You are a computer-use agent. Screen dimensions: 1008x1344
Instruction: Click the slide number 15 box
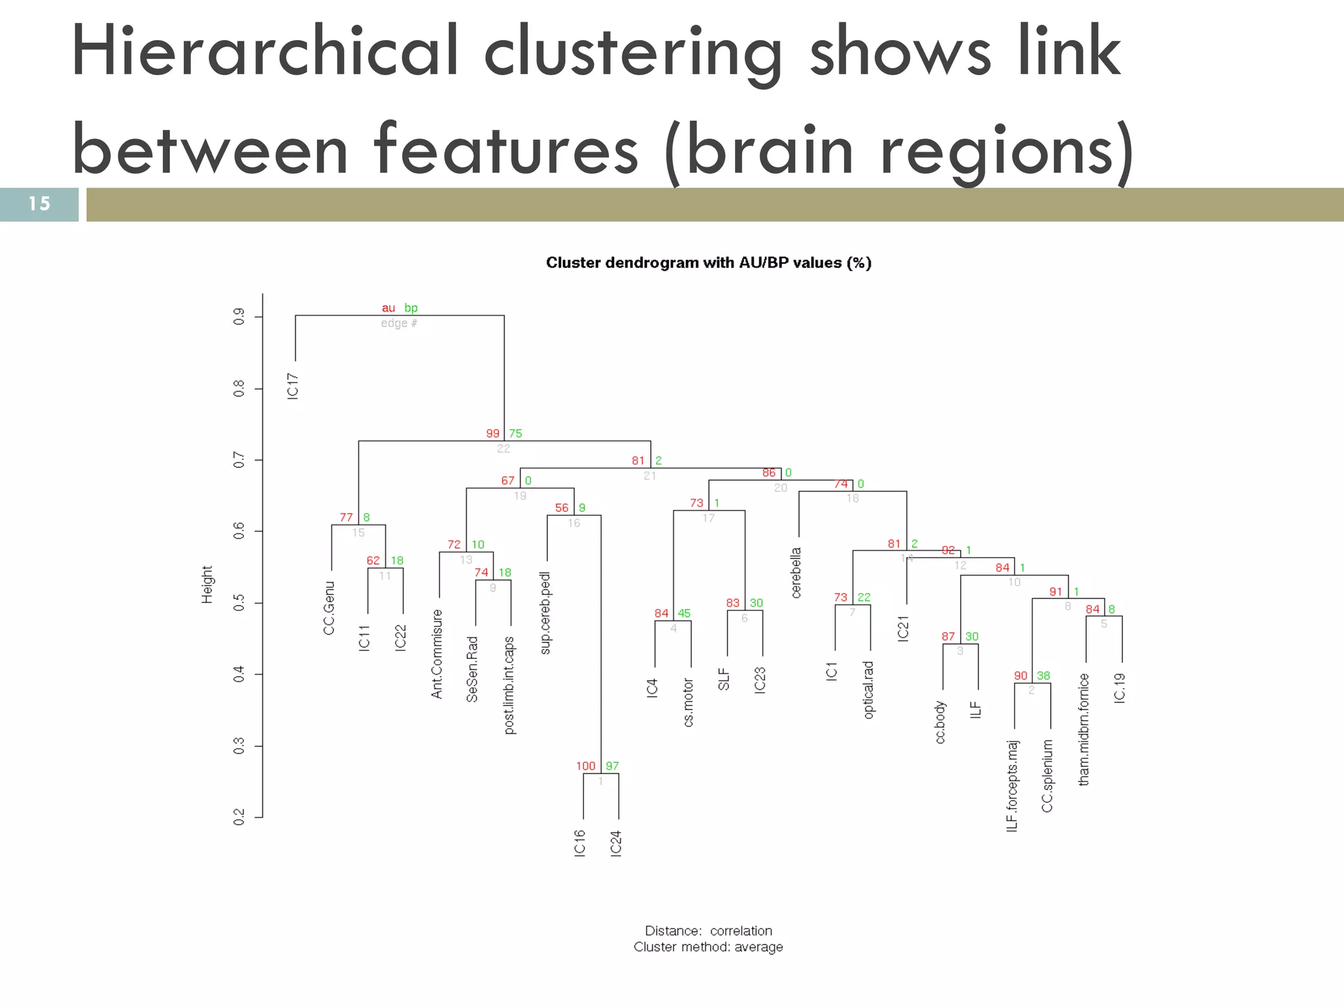point(39,204)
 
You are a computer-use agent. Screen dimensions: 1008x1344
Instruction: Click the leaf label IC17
point(293,386)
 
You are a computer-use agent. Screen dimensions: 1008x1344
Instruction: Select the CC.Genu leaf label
point(329,608)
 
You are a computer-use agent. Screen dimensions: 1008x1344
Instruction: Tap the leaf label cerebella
point(796,573)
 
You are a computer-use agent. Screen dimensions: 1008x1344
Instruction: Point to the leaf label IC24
point(616,843)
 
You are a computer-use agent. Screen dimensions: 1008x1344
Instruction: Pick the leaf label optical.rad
point(869,690)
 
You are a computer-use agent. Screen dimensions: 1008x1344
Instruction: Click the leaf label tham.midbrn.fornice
point(1084,729)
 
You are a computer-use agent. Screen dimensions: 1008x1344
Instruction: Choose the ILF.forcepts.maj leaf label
point(1013,786)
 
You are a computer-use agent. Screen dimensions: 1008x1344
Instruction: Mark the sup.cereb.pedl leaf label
point(546,613)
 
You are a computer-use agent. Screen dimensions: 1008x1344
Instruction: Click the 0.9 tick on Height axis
point(240,317)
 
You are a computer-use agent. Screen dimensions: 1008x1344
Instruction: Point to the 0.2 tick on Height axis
point(240,818)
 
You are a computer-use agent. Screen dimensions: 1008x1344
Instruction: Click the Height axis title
point(207,585)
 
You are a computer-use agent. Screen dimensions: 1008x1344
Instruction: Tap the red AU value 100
point(585,766)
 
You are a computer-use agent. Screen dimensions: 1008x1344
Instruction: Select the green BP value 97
point(612,766)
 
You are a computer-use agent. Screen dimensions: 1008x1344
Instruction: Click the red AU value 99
point(493,433)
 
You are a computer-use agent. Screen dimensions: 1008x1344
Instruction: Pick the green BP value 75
point(516,433)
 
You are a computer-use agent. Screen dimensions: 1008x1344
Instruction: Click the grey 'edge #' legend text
point(399,324)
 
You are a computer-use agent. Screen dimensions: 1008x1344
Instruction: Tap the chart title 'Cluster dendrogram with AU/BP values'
point(709,263)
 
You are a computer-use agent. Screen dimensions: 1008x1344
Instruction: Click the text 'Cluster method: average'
point(708,947)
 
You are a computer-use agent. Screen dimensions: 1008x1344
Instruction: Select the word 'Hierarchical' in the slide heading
point(265,52)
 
